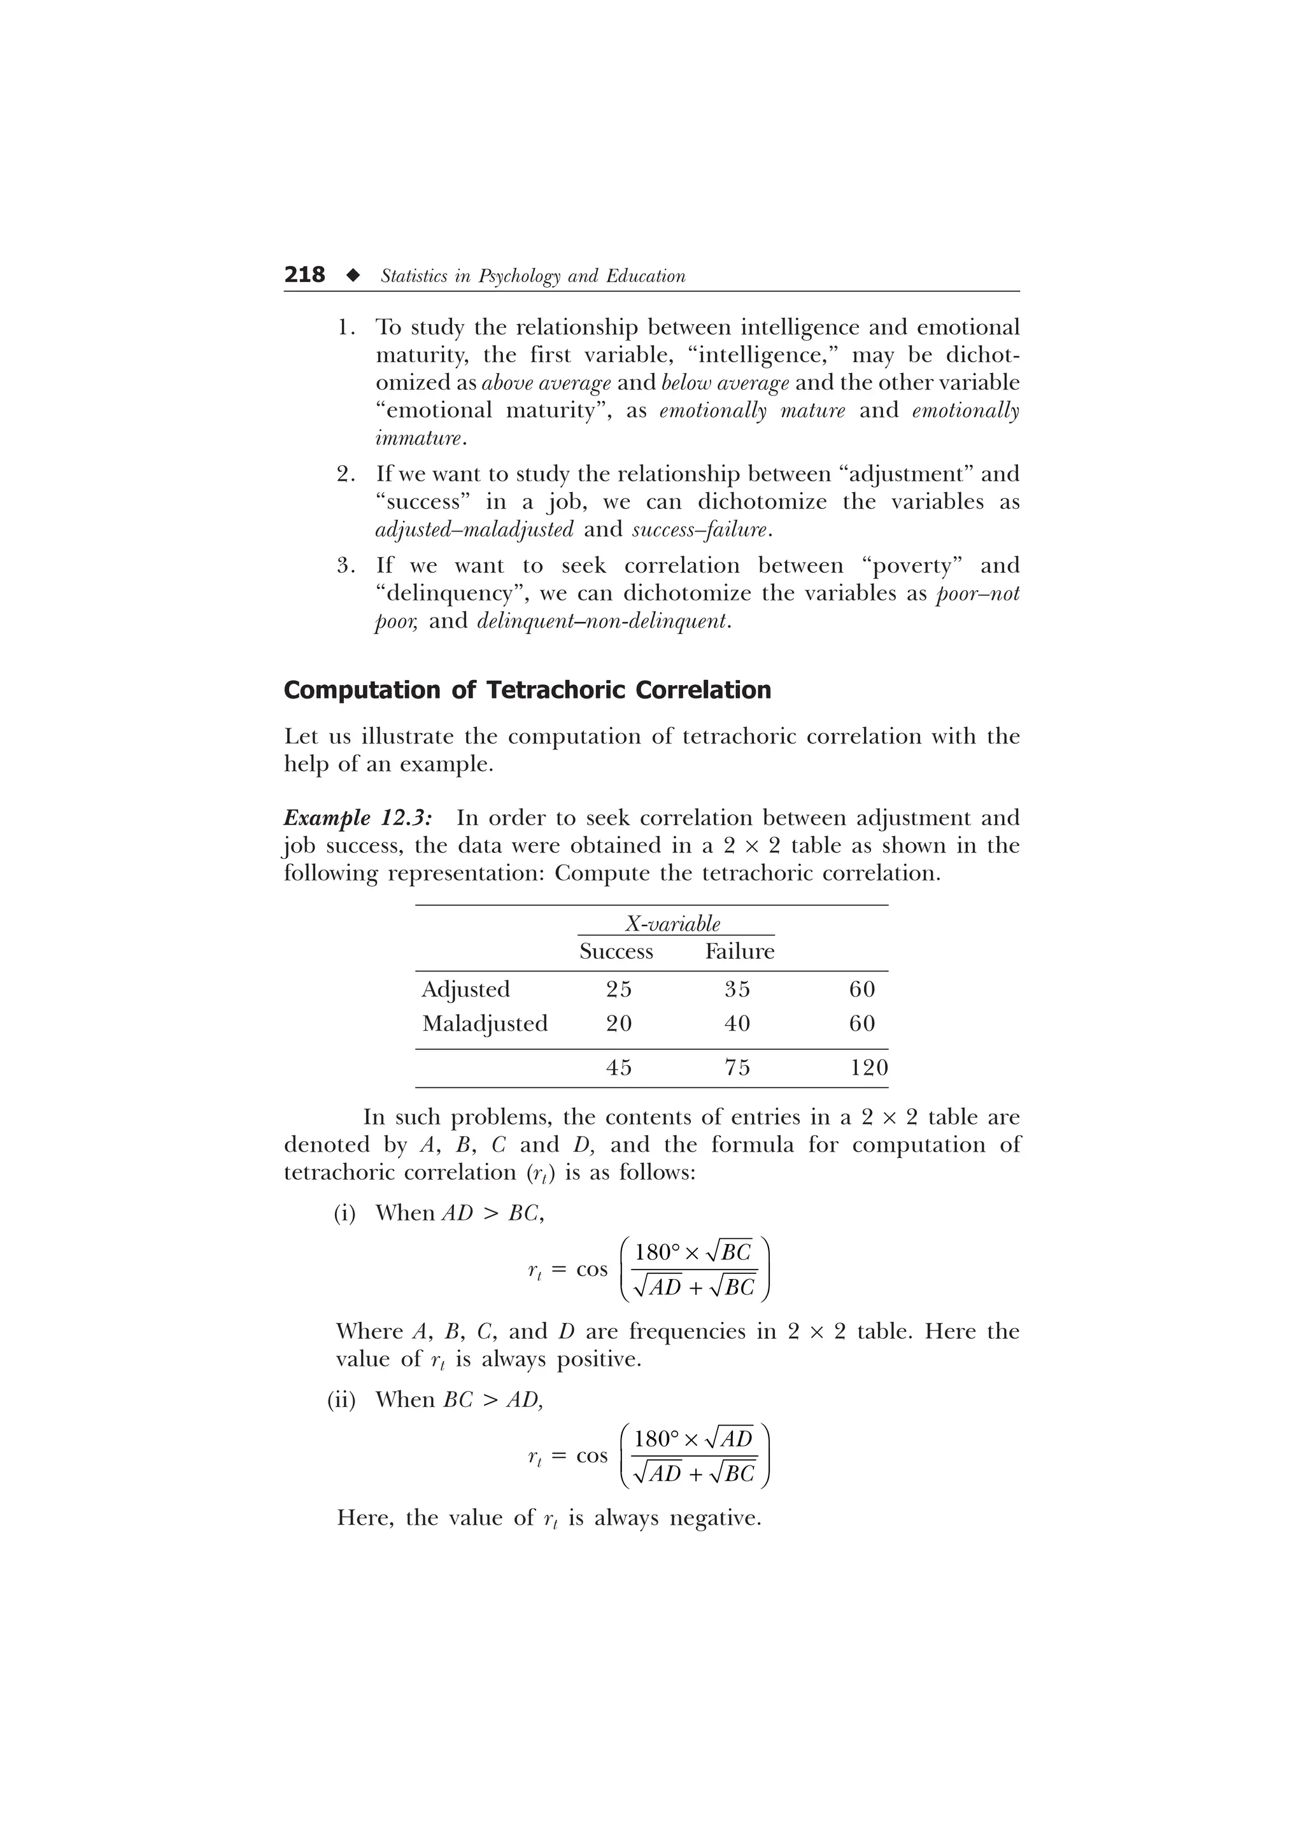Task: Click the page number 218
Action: pyautogui.click(x=304, y=275)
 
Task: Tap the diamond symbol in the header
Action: pyautogui.click(x=352, y=276)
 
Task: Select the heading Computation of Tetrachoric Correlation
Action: pyautogui.click(x=527, y=690)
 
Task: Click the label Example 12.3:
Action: pyautogui.click(x=358, y=818)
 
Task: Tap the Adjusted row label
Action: pyautogui.click(x=465, y=989)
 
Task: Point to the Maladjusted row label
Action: pyautogui.click(x=485, y=1024)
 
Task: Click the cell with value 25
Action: pyautogui.click(x=619, y=989)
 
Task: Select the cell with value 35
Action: pyautogui.click(x=737, y=989)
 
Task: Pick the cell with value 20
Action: pyautogui.click(x=619, y=1024)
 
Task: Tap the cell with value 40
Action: pyautogui.click(x=737, y=1024)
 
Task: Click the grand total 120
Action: pyautogui.click(x=869, y=1068)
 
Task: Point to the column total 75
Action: pyautogui.click(x=737, y=1068)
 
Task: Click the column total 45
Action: pyautogui.click(x=619, y=1068)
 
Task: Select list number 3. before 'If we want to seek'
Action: pyautogui.click(x=346, y=566)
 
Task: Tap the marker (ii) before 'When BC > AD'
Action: pyautogui.click(x=341, y=1400)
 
